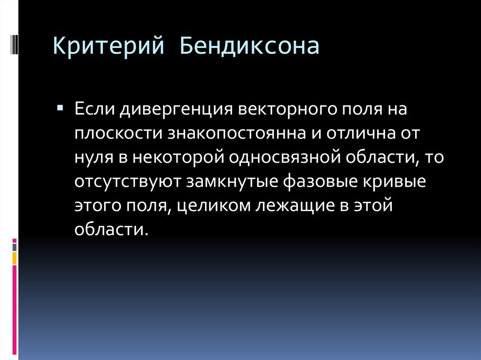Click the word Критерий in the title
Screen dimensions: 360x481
[x=108, y=46]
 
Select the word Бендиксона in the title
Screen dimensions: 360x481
[x=249, y=46]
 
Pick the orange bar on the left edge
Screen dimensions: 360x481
[x=14, y=258]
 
